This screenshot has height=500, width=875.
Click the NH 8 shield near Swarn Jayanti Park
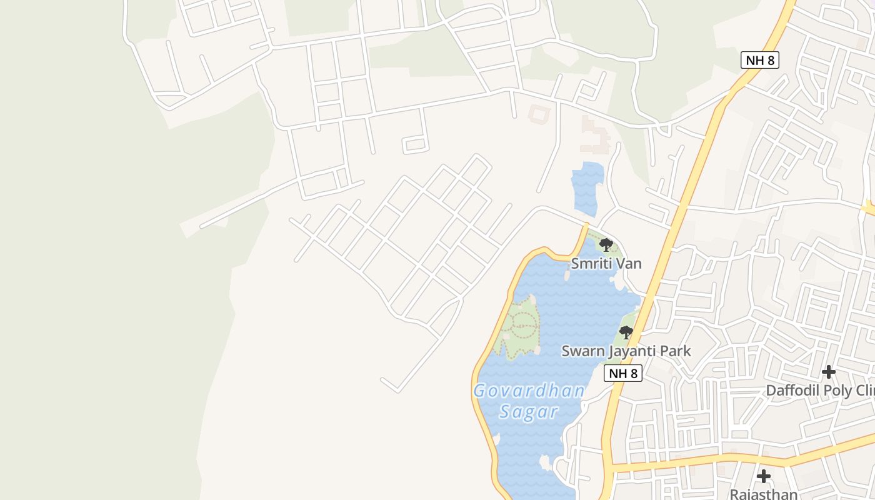(x=623, y=373)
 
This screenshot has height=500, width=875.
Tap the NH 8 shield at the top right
(x=759, y=60)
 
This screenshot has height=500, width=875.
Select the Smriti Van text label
(x=606, y=264)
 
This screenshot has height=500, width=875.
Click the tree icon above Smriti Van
(x=605, y=244)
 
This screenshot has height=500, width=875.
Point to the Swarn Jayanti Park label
(x=626, y=351)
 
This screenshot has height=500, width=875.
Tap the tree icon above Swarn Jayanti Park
(x=626, y=332)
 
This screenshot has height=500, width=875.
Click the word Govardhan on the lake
(x=529, y=391)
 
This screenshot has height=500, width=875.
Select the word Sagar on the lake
(x=529, y=412)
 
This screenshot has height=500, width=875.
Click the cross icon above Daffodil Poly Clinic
(x=828, y=372)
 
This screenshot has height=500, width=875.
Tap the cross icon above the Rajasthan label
(x=763, y=476)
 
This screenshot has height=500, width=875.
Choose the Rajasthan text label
(x=764, y=494)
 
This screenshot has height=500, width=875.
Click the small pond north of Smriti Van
(x=587, y=188)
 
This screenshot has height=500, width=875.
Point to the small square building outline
(x=537, y=114)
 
